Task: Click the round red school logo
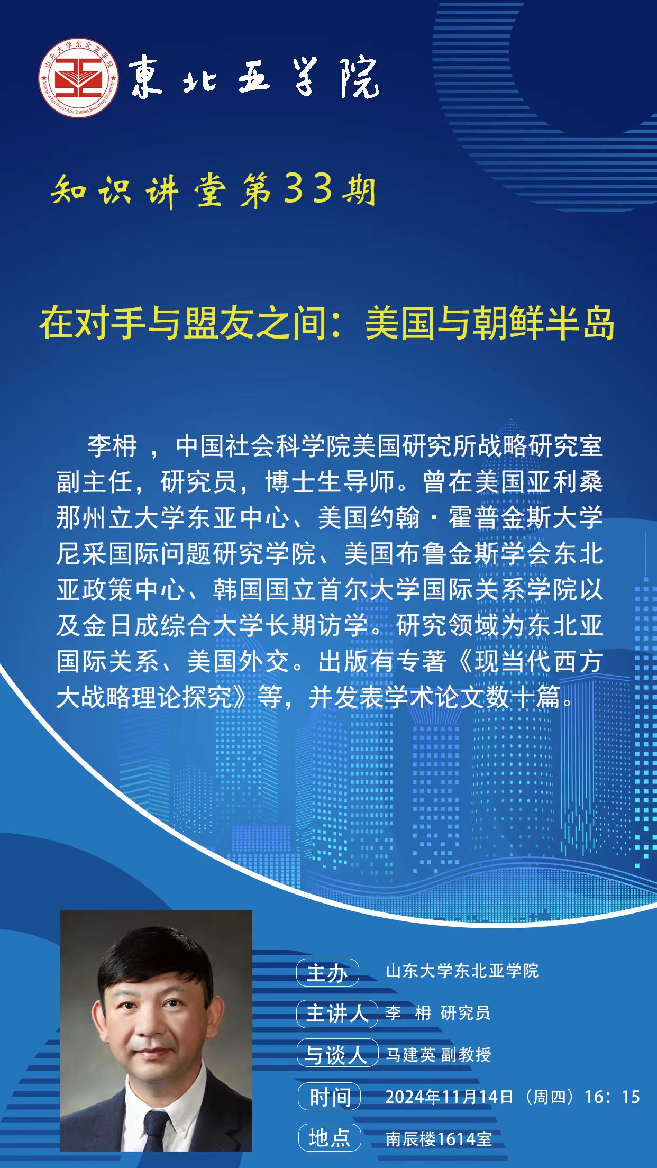point(78,78)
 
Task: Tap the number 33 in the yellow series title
point(308,189)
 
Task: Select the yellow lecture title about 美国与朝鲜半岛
point(327,323)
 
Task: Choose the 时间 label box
point(329,1097)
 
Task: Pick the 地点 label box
point(329,1138)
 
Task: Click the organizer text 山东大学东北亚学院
point(462,971)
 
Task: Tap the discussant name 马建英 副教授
point(439,1055)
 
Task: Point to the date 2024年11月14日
point(449,1097)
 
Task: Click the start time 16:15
point(613,1097)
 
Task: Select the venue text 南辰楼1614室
point(439,1138)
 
